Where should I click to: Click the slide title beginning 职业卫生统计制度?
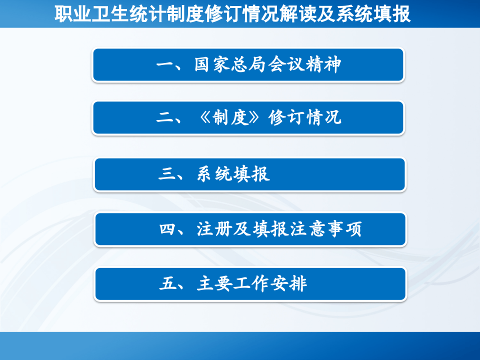[232, 14]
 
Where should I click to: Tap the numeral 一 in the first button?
[164, 65]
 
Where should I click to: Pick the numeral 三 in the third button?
[166, 174]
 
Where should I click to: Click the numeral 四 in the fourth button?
[166, 229]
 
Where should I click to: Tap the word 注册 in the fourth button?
[214, 229]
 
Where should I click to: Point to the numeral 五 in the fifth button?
[166, 284]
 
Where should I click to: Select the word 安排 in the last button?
[289, 284]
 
